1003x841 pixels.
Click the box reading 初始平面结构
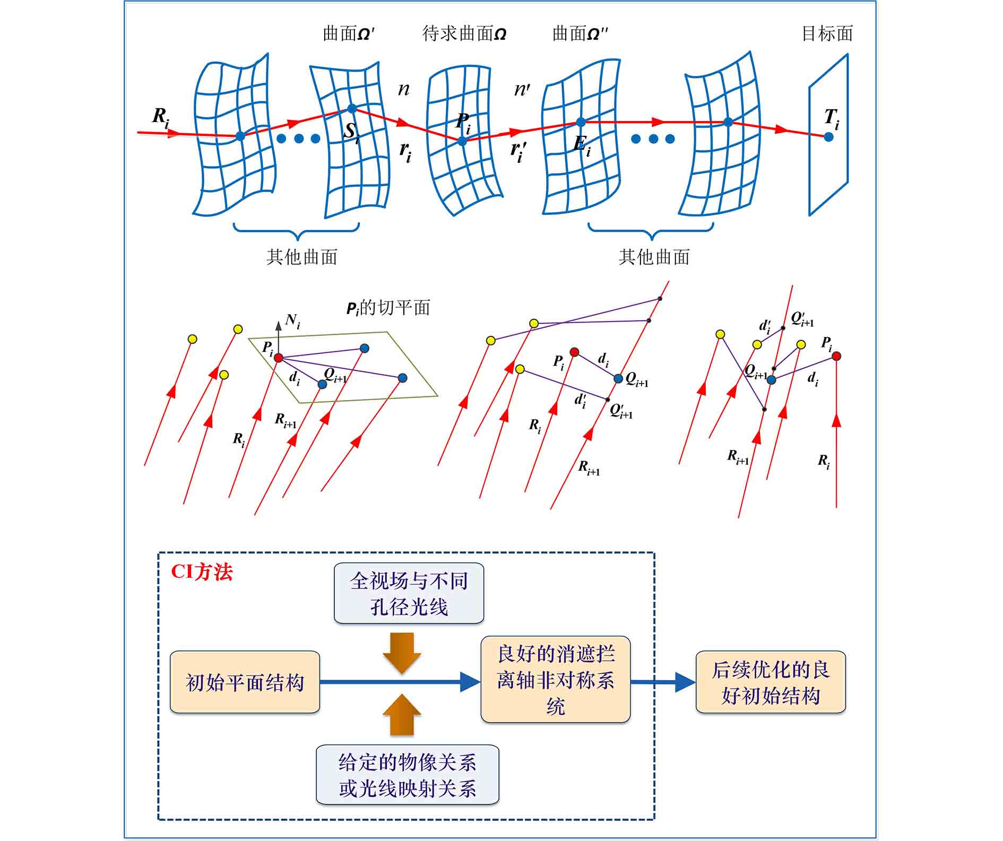pyautogui.click(x=245, y=682)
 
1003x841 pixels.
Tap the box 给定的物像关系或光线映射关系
pyautogui.click(x=408, y=775)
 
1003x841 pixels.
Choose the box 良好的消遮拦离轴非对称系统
pyautogui.click(x=555, y=680)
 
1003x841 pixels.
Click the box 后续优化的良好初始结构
pyautogui.click(x=770, y=682)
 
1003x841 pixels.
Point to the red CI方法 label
pyautogui.click(x=202, y=573)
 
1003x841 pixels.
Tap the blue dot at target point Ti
pyautogui.click(x=828, y=137)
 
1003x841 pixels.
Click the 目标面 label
pyautogui.click(x=827, y=34)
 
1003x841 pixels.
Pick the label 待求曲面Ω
pyautogui.click(x=464, y=34)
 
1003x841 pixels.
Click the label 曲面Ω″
pyautogui.click(x=580, y=34)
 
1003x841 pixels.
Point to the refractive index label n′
pyautogui.click(x=522, y=89)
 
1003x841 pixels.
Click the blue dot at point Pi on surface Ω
pyautogui.click(x=462, y=141)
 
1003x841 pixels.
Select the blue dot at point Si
pyautogui.click(x=352, y=109)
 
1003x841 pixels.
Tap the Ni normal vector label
pyautogui.click(x=292, y=321)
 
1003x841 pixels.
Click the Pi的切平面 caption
pyautogui.click(x=388, y=308)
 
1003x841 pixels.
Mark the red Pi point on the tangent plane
pyautogui.click(x=279, y=358)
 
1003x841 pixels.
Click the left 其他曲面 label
pyautogui.click(x=301, y=257)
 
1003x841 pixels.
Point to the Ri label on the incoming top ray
pyautogui.click(x=160, y=117)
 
